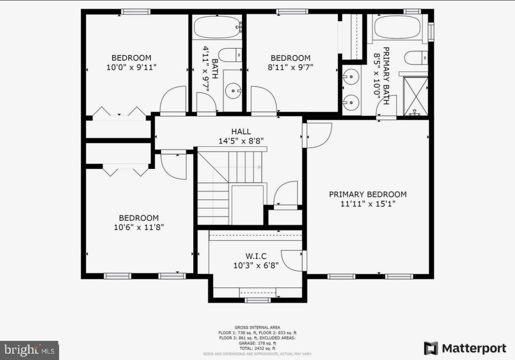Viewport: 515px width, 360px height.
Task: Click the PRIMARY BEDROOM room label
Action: (368, 194)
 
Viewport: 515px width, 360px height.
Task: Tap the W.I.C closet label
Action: (256, 256)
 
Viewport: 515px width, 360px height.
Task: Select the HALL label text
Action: (241, 131)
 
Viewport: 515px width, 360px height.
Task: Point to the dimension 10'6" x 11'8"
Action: (139, 227)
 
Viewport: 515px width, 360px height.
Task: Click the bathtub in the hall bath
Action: (217, 27)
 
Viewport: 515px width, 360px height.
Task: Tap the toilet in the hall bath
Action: (230, 55)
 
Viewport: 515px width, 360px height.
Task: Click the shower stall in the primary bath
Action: (416, 96)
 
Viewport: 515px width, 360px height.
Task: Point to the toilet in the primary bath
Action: (416, 57)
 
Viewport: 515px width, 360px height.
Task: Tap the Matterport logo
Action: (465, 348)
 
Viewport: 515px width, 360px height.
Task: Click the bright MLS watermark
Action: (29, 350)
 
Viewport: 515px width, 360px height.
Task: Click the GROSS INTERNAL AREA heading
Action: (257, 327)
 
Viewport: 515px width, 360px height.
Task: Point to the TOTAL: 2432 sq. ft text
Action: (257, 348)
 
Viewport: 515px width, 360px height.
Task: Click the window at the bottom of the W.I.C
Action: (257, 300)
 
